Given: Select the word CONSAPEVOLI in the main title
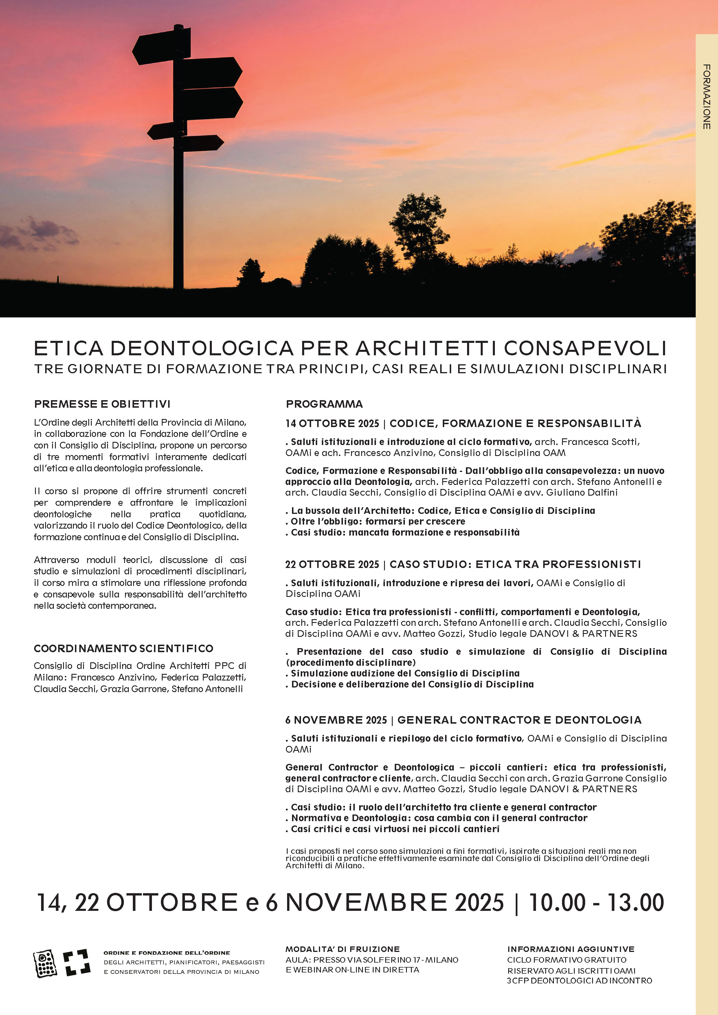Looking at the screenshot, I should click(x=585, y=348).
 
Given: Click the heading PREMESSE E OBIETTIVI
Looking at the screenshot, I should click(x=102, y=404).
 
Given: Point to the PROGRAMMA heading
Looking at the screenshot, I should click(x=324, y=404).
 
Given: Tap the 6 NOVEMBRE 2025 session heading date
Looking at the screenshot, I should click(x=336, y=720).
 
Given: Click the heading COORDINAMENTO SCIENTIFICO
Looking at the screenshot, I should click(x=123, y=648).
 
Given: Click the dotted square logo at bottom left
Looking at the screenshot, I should click(x=45, y=963).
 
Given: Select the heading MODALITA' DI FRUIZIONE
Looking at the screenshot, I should click(x=343, y=949).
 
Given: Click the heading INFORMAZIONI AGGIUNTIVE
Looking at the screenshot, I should click(x=571, y=949).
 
